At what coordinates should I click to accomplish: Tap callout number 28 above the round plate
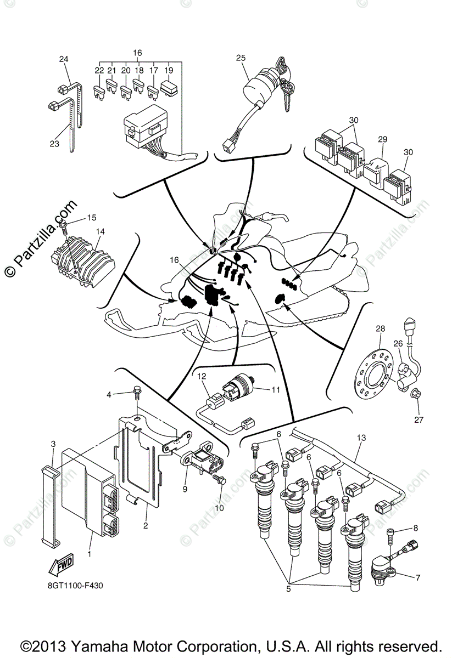[x=380, y=328]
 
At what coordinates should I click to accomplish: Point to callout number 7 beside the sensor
[x=417, y=577]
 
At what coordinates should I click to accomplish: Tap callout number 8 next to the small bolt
[x=415, y=528]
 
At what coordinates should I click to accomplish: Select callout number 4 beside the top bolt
[x=109, y=394]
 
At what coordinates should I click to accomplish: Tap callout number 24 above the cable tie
[x=64, y=59]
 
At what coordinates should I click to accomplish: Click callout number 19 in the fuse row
[x=169, y=70]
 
